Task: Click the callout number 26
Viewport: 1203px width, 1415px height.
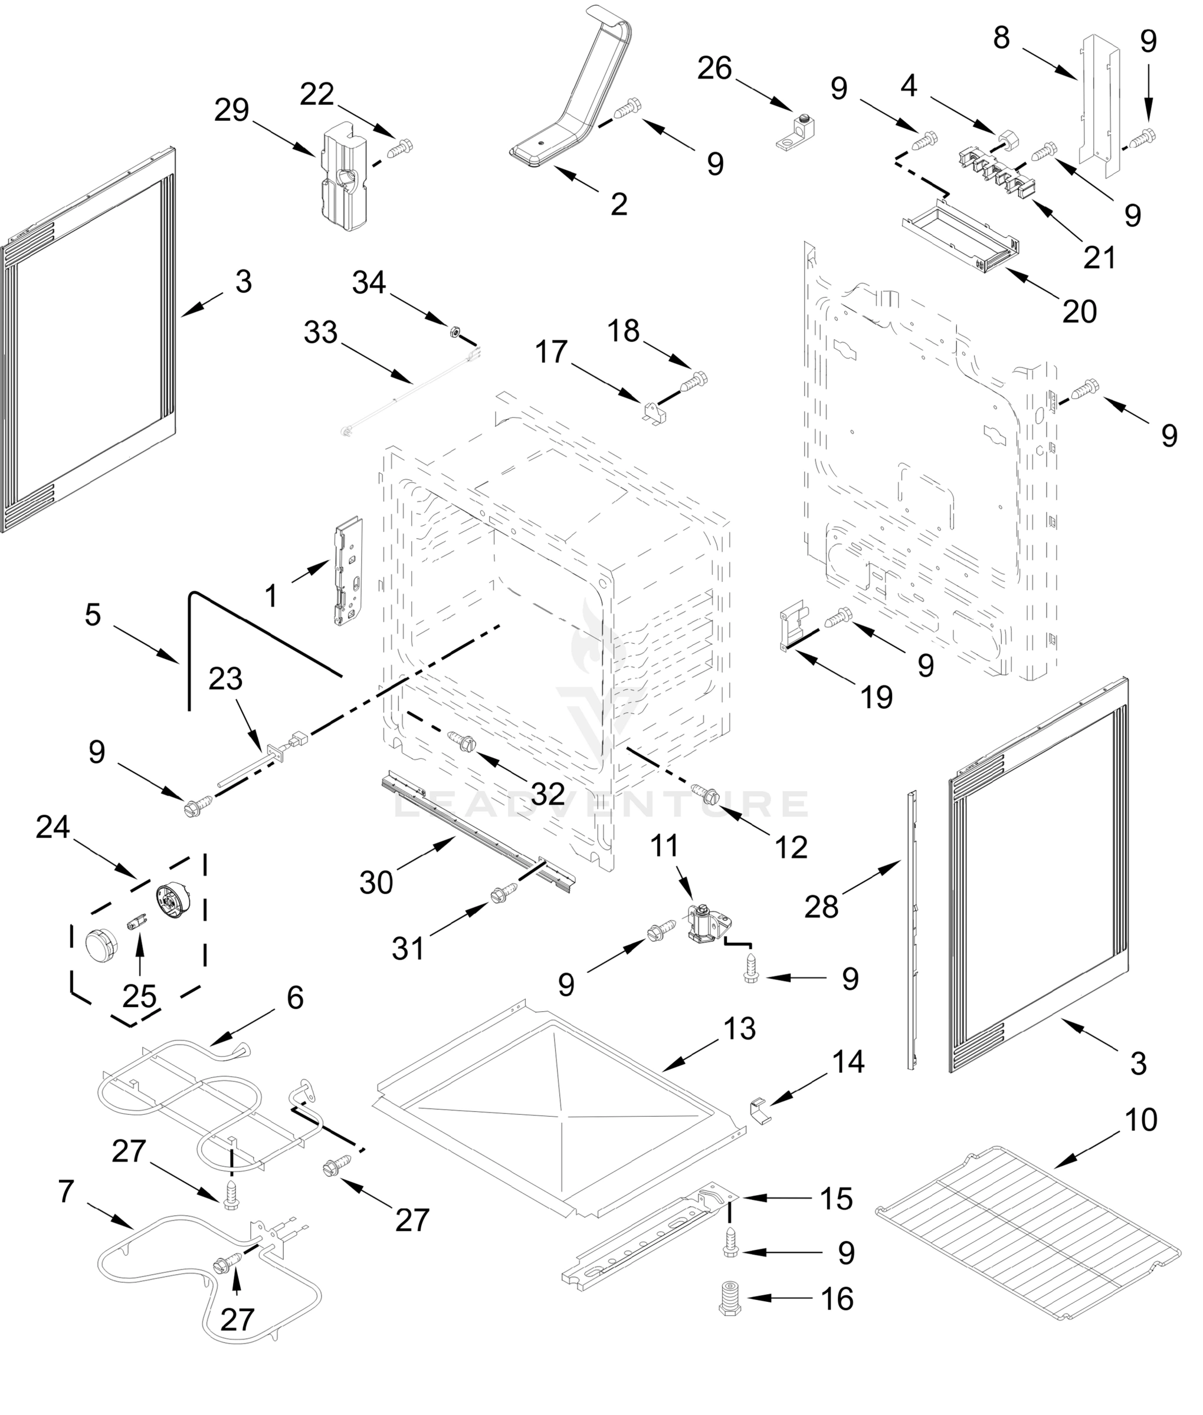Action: (x=714, y=69)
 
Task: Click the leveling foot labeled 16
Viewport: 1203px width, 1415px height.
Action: (x=730, y=1298)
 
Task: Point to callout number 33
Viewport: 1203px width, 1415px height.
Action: (x=320, y=333)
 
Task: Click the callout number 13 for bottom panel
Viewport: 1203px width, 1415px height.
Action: (x=740, y=1029)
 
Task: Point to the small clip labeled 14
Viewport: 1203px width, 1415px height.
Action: (x=760, y=1111)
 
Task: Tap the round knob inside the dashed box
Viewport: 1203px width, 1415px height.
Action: (x=101, y=947)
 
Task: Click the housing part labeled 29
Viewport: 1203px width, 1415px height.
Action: (x=342, y=178)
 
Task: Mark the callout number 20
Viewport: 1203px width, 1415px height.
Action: (x=1080, y=311)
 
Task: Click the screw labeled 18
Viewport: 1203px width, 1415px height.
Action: (x=696, y=379)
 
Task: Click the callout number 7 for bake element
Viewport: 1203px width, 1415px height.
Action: (x=65, y=1192)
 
